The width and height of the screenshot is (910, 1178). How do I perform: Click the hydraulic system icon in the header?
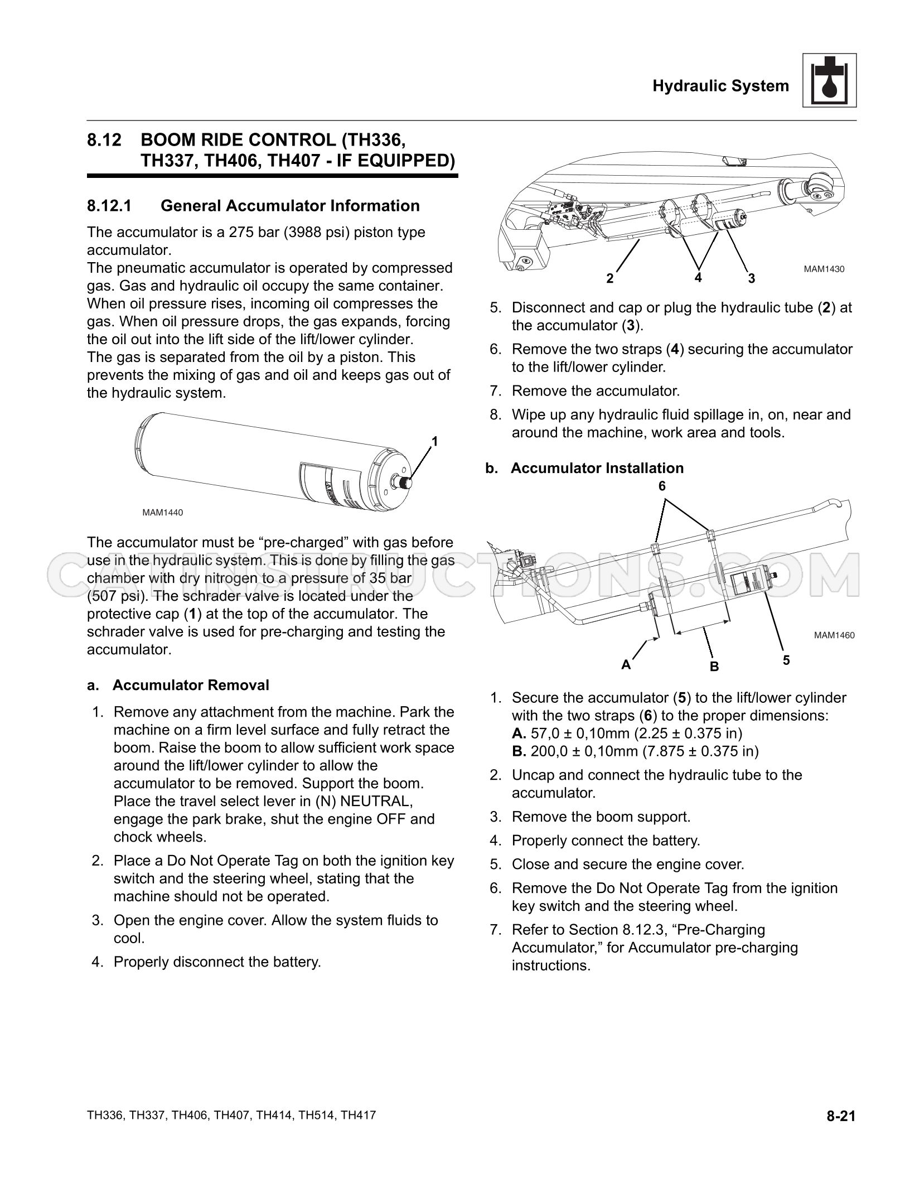point(829,80)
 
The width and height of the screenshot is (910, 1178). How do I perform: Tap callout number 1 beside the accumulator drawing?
point(435,442)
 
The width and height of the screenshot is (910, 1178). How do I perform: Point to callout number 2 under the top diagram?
point(610,278)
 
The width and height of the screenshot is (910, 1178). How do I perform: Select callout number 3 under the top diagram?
point(752,278)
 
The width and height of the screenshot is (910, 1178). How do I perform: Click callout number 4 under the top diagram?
point(698,277)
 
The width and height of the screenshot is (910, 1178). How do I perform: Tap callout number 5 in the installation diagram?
point(786,660)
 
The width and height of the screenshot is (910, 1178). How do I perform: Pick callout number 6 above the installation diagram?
point(662,486)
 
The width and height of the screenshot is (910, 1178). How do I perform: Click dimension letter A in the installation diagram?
point(626,665)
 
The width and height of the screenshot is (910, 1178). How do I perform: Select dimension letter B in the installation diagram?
point(714,667)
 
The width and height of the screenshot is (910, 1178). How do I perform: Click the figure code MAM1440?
point(162,512)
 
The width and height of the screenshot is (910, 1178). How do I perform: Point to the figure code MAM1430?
point(824,269)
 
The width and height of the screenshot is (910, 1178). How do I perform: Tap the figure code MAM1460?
point(834,635)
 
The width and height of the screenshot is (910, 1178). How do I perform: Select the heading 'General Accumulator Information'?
point(290,206)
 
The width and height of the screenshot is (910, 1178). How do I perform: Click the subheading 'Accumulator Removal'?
point(191,685)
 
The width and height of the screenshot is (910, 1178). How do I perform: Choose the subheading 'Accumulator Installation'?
point(597,468)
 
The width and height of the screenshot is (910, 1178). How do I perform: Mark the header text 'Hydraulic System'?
point(721,86)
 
